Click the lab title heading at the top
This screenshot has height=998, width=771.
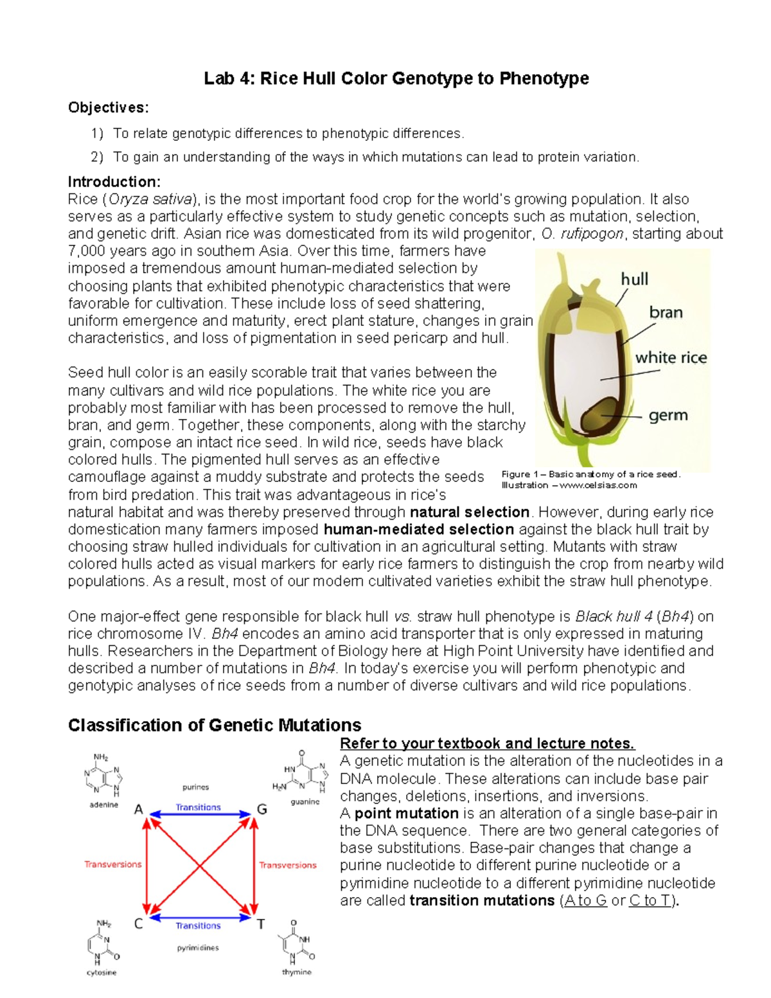point(396,79)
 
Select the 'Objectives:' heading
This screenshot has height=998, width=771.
point(108,107)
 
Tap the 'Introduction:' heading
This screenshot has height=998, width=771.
point(114,182)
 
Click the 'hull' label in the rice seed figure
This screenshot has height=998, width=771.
point(634,280)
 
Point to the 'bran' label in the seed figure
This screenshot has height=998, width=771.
point(666,313)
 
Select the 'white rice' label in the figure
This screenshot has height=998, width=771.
point(671,358)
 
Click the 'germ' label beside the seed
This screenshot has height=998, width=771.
point(668,416)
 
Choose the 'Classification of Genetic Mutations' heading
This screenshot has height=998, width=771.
point(215,726)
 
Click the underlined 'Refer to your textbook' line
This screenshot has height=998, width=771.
point(487,744)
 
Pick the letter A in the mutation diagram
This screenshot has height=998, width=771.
point(138,810)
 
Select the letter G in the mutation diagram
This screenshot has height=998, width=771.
point(261,810)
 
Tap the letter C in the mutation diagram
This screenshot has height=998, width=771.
point(138,924)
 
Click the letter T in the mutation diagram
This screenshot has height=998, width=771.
point(261,924)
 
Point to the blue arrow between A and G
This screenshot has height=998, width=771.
point(199,815)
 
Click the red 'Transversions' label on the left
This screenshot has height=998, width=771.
point(113,864)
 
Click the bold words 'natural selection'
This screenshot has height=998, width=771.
point(469,513)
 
